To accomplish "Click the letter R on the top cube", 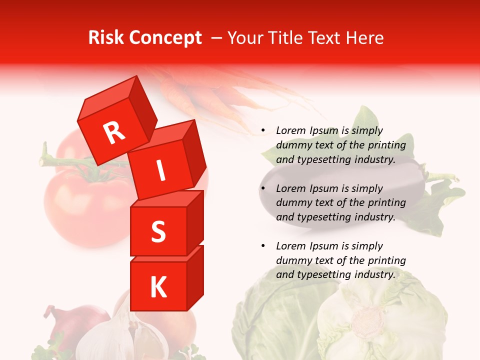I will [114, 132].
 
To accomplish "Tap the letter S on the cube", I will [158, 231].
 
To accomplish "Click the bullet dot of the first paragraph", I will [263, 131].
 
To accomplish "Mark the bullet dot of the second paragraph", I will [263, 189].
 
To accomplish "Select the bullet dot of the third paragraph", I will [263, 246].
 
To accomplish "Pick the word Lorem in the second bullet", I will [290, 188].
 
